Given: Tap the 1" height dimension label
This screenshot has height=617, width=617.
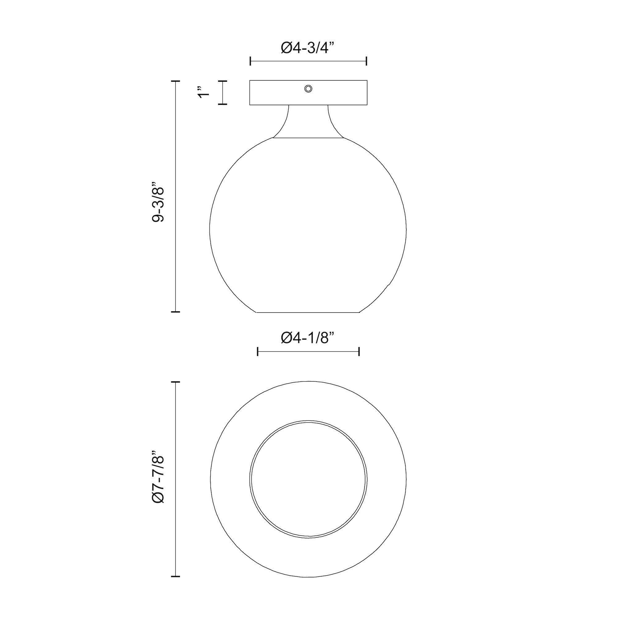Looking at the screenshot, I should [203, 92].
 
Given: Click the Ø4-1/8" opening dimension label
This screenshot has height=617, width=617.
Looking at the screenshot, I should [308, 338].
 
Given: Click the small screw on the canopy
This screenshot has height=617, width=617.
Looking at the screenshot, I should [308, 89].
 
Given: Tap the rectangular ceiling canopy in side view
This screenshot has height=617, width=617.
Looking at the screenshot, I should [275, 93].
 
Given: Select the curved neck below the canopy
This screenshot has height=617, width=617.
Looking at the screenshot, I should [308, 121].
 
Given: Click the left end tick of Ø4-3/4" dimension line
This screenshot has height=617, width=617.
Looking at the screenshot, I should [251, 61].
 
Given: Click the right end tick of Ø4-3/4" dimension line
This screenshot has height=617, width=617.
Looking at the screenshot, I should [366, 61].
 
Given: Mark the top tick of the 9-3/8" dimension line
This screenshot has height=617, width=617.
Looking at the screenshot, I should [175, 82].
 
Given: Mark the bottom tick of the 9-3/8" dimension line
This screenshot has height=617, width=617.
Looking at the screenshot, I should [175, 311].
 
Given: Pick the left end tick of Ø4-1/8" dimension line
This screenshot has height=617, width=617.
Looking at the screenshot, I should [258, 352].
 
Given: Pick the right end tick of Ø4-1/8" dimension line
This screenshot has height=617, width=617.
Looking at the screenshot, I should [359, 352].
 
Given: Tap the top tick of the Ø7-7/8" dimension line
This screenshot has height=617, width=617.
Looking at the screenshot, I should [175, 382].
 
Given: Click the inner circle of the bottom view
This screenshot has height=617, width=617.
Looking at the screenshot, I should [308, 479].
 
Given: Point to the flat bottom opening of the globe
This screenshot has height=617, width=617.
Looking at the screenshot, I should [308, 312].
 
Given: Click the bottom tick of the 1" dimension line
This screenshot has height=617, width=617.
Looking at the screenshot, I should [223, 104].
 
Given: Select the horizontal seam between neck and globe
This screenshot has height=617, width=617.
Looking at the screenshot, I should [308, 138].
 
